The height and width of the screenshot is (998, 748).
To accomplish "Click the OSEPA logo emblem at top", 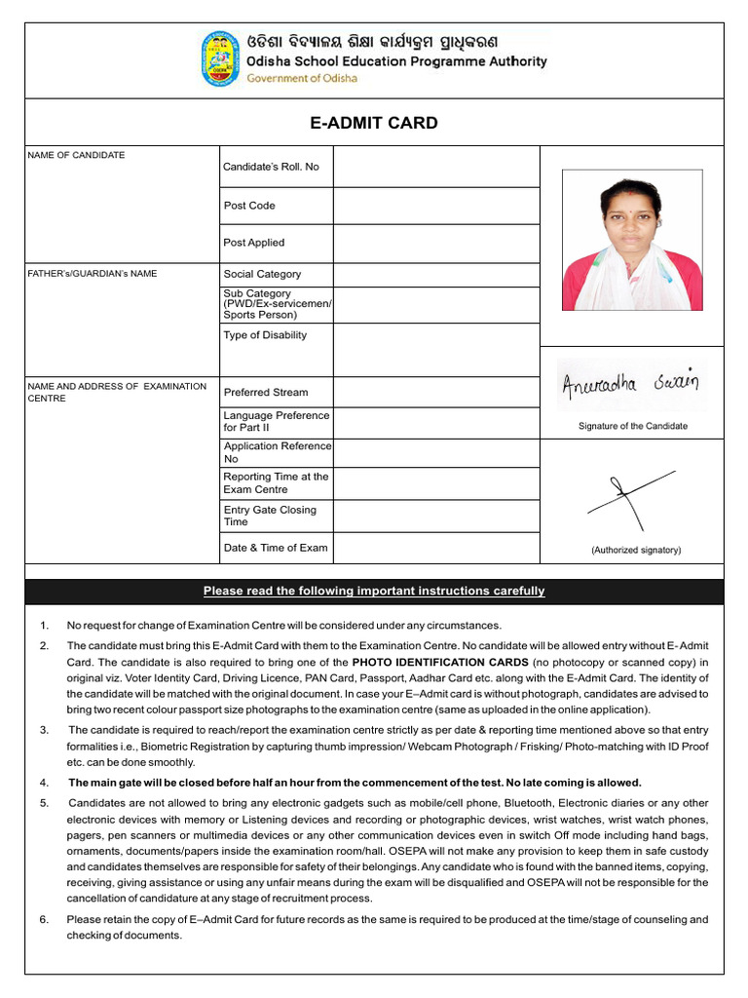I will pyautogui.click(x=221, y=59).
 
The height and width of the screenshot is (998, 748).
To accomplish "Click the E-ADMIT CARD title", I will pyautogui.click(x=374, y=123).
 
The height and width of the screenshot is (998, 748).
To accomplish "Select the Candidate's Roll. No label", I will pyautogui.click(x=271, y=167).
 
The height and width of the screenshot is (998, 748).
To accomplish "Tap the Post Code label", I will pyautogui.click(x=249, y=206).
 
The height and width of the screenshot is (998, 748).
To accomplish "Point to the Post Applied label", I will pyautogui.click(x=253, y=243).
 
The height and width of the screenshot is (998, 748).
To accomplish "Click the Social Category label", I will pyautogui.click(x=262, y=274).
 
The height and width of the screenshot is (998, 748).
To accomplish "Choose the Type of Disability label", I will pyautogui.click(x=265, y=335).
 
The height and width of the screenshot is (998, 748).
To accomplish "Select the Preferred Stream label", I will pyautogui.click(x=265, y=393).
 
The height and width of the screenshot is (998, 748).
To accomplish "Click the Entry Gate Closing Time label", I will pyautogui.click(x=270, y=516).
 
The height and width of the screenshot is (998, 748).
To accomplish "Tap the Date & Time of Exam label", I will pyautogui.click(x=276, y=548).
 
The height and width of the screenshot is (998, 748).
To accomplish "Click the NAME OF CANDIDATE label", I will pyautogui.click(x=76, y=155).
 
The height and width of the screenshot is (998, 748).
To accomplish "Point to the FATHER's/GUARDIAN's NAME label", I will pyautogui.click(x=93, y=274).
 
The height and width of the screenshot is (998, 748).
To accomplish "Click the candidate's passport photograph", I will pyautogui.click(x=632, y=241).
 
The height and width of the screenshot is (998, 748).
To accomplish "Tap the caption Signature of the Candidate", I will pyautogui.click(x=632, y=426).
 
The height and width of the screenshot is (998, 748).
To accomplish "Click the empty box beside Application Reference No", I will pyautogui.click(x=435, y=452).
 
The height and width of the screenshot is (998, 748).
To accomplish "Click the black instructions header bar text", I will pyautogui.click(x=374, y=592).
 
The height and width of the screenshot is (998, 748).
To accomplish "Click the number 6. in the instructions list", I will pyautogui.click(x=44, y=919).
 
